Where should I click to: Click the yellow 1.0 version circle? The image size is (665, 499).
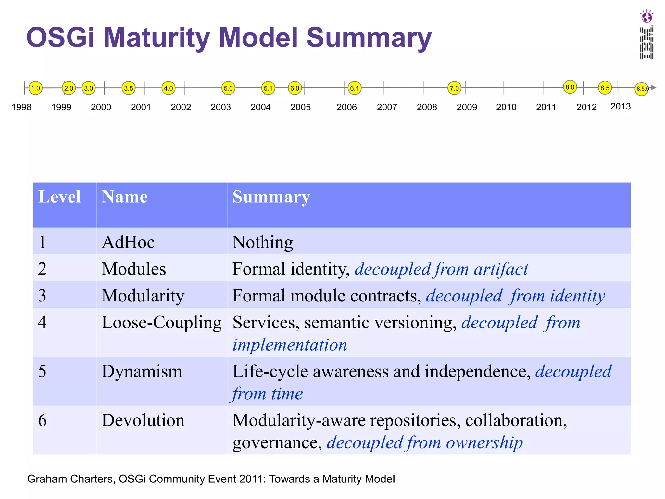pyautogui.click(x=35, y=88)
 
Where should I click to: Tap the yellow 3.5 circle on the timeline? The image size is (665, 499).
pyautogui.click(x=129, y=88)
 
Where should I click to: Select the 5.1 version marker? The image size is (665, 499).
pyautogui.click(x=268, y=88)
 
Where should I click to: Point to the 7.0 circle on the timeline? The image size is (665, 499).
pyautogui.click(x=454, y=88)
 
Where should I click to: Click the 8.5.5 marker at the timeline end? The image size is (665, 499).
pyautogui.click(x=642, y=89)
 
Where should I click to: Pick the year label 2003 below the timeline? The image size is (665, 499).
pyautogui.click(x=220, y=107)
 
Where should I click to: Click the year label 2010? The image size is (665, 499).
pyautogui.click(x=506, y=107)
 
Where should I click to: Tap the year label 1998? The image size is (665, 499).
pyautogui.click(x=21, y=107)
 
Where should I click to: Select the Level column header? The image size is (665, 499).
pyautogui.click(x=59, y=197)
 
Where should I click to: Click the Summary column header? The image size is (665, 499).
pyautogui.click(x=271, y=197)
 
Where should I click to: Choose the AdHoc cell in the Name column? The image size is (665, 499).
pyautogui.click(x=128, y=242)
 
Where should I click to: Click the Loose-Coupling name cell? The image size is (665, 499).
pyautogui.click(x=161, y=323)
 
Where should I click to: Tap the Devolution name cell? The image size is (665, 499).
pyautogui.click(x=143, y=420)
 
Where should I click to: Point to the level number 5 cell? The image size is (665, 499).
pyautogui.click(x=43, y=371)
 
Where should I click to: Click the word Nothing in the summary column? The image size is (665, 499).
pyautogui.click(x=262, y=242)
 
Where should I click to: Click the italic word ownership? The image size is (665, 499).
pyautogui.click(x=484, y=443)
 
